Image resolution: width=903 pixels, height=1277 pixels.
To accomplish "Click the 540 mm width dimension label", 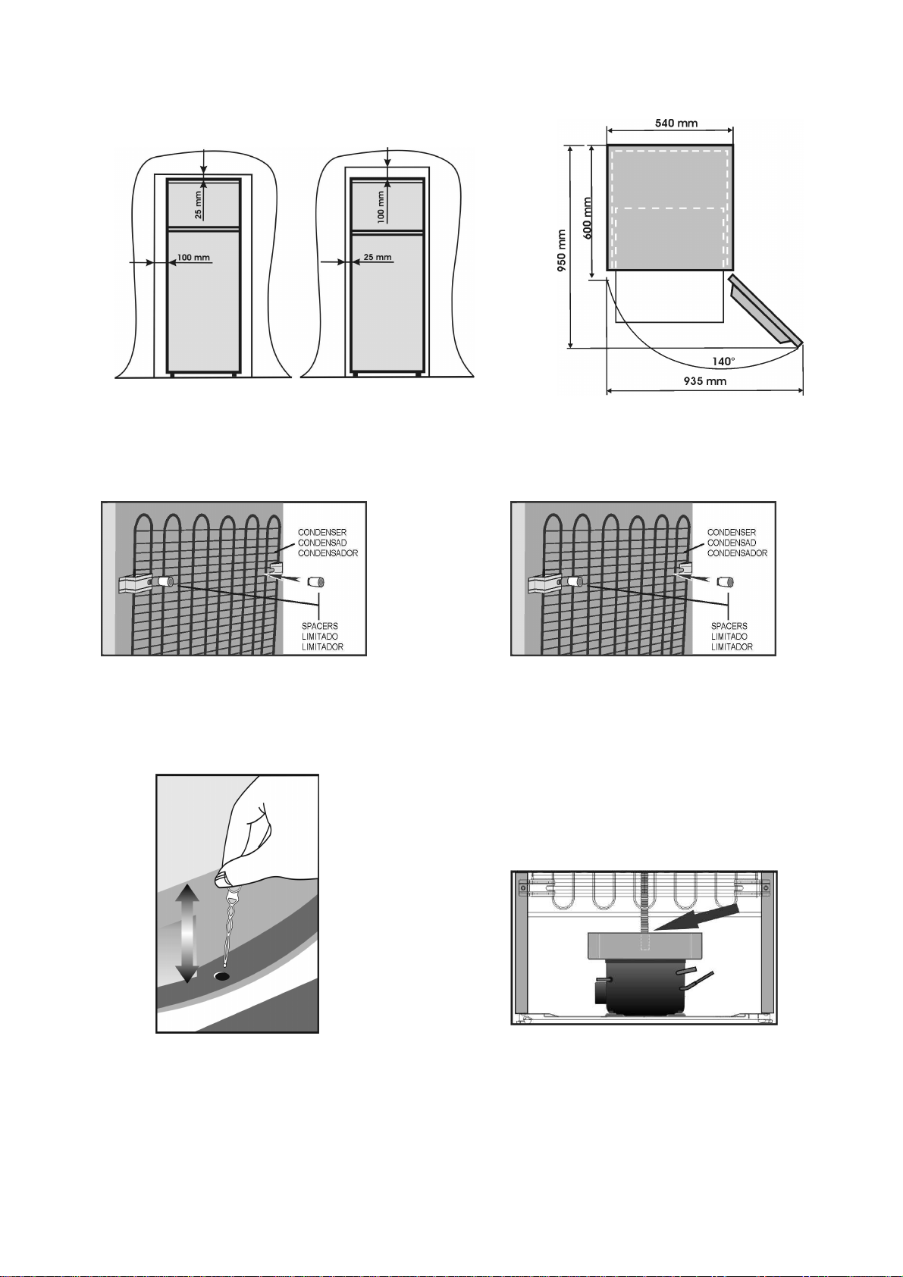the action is tap(676, 123).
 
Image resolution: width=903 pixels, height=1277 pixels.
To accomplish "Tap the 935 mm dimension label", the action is tap(705, 380).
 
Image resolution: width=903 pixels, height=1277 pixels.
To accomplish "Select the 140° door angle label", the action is tap(723, 361).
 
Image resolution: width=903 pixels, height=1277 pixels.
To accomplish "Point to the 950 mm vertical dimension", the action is tap(563, 250).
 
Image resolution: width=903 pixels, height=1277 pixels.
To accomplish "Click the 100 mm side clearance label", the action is tap(193, 257).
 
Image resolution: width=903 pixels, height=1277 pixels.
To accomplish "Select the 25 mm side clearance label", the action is tap(378, 257).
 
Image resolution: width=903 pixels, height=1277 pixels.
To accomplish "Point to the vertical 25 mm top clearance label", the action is tap(198, 205).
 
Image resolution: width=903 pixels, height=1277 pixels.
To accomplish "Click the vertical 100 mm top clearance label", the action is tap(381, 206).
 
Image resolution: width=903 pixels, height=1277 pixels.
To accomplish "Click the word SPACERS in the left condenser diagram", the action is tap(319, 626).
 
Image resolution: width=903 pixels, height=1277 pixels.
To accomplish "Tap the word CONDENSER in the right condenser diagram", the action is tap(732, 533).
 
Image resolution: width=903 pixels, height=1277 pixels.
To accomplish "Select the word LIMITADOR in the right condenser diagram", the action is tap(732, 647).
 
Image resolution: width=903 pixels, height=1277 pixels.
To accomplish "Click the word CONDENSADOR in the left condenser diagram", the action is tap(328, 553).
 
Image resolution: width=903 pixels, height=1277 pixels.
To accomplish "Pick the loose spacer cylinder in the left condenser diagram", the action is tap(315, 582).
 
